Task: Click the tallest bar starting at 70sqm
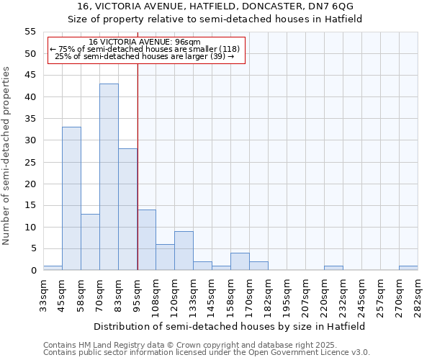coord(109,177)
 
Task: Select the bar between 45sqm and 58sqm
coord(71,199)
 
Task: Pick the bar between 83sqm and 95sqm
coord(127,210)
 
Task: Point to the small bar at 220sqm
coord(333,268)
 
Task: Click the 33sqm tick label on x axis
coord(43,294)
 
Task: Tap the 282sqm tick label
coord(418,294)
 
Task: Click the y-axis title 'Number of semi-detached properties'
coord(7,156)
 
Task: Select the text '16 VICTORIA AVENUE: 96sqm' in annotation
coord(145,42)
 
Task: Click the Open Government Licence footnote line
coord(207,353)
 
